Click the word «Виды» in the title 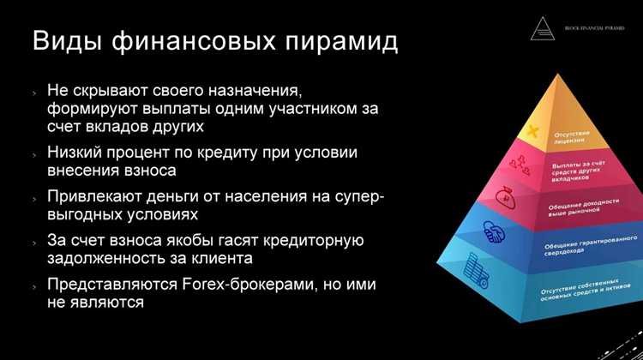pos(69,40)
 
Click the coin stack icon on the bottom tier pos(475,273)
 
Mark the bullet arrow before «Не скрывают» pos(35,91)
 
